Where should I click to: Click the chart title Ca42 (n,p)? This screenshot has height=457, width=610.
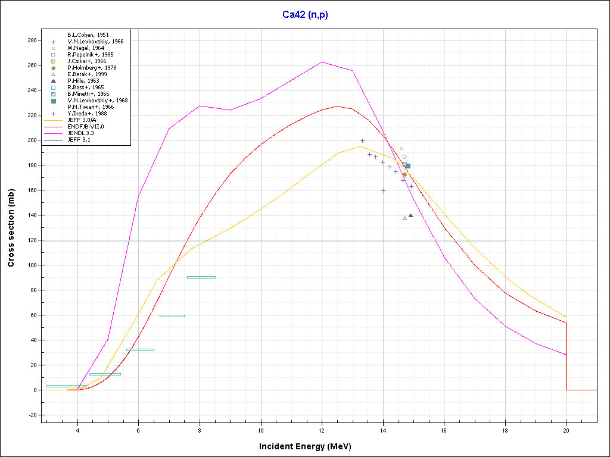tap(305, 15)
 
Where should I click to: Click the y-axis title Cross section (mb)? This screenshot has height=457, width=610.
tap(11, 228)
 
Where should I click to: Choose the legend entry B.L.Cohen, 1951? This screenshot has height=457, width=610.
tap(88, 35)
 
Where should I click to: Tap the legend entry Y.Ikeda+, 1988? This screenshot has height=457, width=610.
tap(87, 114)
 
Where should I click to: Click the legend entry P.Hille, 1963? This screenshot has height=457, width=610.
tap(83, 81)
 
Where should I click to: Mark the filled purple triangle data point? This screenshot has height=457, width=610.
tap(411, 215)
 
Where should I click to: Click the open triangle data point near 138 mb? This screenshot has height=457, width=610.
tap(404, 218)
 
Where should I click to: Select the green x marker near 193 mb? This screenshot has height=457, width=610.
tap(402, 149)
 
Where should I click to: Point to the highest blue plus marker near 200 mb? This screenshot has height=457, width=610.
tap(362, 140)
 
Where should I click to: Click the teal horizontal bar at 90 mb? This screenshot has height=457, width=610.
tap(201, 277)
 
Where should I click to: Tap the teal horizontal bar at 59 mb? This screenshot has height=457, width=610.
tap(172, 316)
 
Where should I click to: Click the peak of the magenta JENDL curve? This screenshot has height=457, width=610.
tap(322, 62)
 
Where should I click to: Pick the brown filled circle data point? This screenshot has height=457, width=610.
tap(404, 174)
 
